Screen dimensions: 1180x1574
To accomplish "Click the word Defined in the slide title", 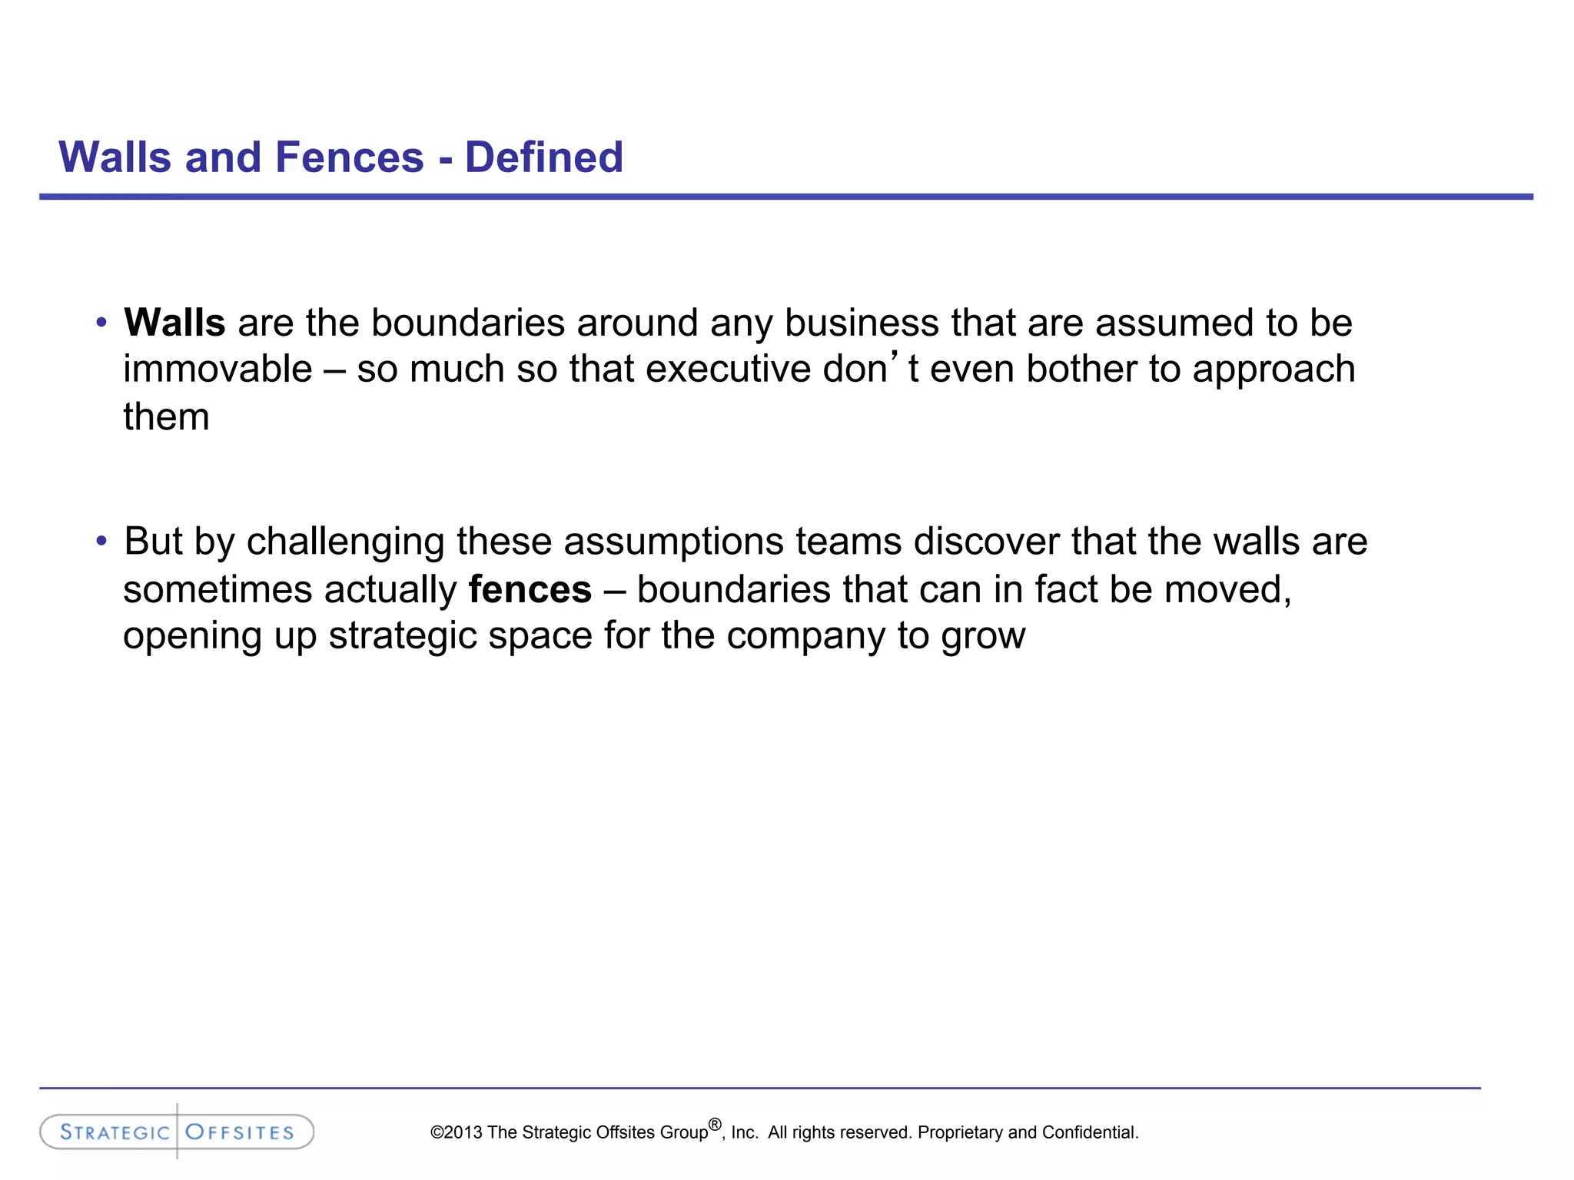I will (543, 157).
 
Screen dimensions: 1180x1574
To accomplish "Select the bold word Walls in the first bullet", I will (174, 323).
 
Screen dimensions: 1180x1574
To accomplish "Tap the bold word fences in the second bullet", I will (530, 590).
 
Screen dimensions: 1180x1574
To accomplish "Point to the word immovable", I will (218, 370).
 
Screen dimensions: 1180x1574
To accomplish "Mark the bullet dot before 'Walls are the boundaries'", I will (101, 323).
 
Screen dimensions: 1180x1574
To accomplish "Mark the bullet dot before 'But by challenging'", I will (101, 542).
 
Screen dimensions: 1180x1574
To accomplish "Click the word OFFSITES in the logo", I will (240, 1132).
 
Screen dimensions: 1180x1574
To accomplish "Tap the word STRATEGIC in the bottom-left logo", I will (115, 1132).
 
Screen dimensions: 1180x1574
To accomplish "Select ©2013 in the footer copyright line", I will (457, 1132).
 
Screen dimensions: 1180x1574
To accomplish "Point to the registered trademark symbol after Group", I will (715, 1125).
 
